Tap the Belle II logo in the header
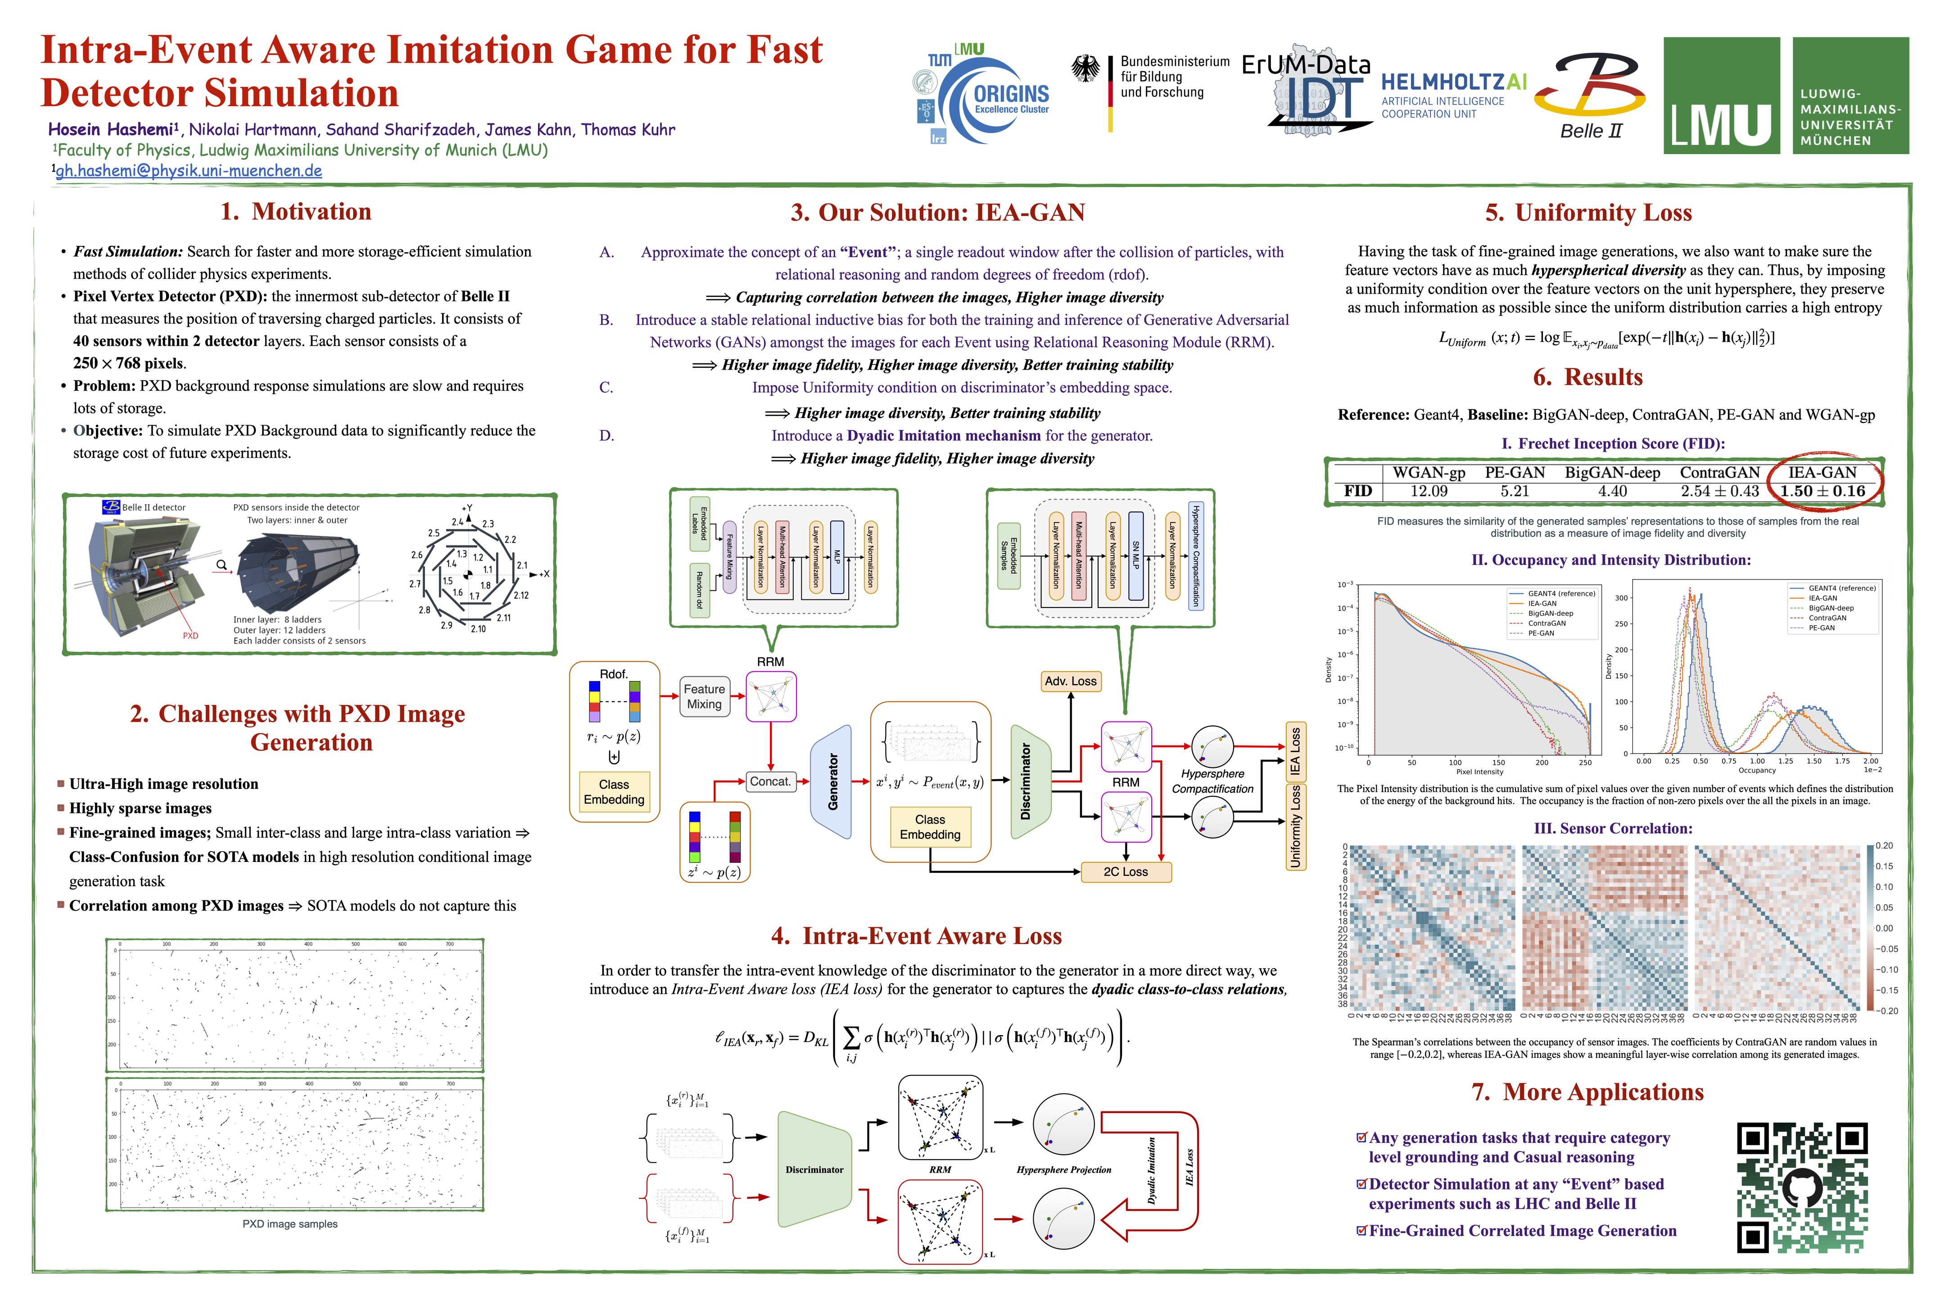[1589, 95]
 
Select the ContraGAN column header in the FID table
[1719, 472]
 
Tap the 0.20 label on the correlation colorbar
[1884, 845]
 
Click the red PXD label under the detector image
[190, 636]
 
